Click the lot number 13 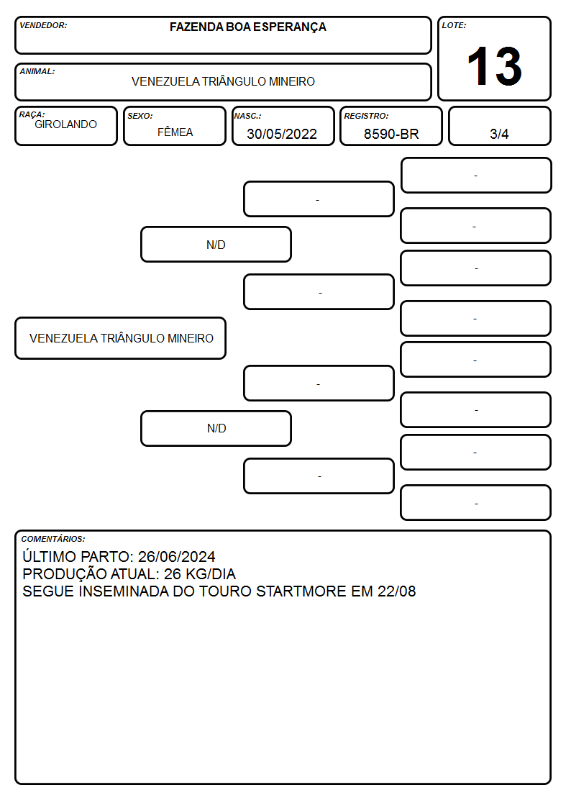[x=494, y=66]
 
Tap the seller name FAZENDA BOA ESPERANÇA [x=247, y=27]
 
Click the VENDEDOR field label [x=43, y=25]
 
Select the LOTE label [x=454, y=25]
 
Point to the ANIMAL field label [x=37, y=72]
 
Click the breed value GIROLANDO [x=65, y=124]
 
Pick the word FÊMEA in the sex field [x=175, y=132]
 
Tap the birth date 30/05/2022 [x=282, y=134]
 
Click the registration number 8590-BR [x=391, y=134]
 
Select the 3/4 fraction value [x=499, y=134]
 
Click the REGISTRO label [x=366, y=117]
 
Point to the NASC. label [x=247, y=117]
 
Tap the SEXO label [x=140, y=117]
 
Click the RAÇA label [x=32, y=114]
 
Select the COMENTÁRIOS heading [x=53, y=539]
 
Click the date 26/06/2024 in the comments [x=177, y=556]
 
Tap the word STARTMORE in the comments [x=301, y=591]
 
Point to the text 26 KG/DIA [x=200, y=574]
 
